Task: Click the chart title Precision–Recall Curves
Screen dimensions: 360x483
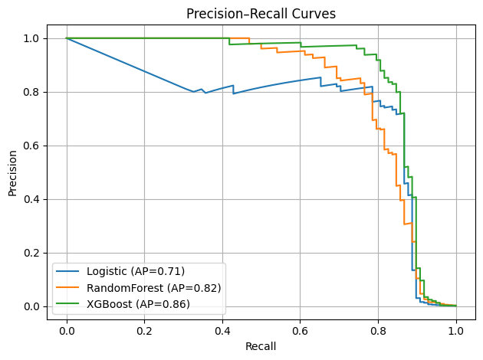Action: click(x=261, y=13)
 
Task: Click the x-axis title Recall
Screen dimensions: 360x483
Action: click(x=261, y=346)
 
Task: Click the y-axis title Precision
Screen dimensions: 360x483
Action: click(x=13, y=172)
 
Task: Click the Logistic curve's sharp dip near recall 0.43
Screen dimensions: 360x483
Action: click(x=233, y=93)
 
